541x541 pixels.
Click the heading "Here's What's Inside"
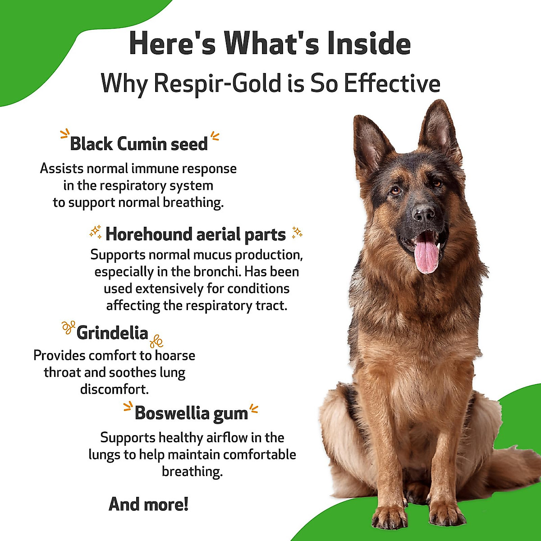[x=270, y=44]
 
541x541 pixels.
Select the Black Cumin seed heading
[x=139, y=144]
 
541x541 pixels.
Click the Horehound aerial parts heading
[x=196, y=234]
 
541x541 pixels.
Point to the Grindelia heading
[x=112, y=333]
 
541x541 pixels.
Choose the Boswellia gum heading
[x=191, y=413]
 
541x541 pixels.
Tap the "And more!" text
[x=148, y=504]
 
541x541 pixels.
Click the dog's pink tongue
[x=426, y=256]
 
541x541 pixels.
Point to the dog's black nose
[x=424, y=213]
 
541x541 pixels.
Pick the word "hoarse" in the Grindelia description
[x=175, y=355]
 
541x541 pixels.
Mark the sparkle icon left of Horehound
[x=96, y=233]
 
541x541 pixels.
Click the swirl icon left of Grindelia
[x=68, y=327]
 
